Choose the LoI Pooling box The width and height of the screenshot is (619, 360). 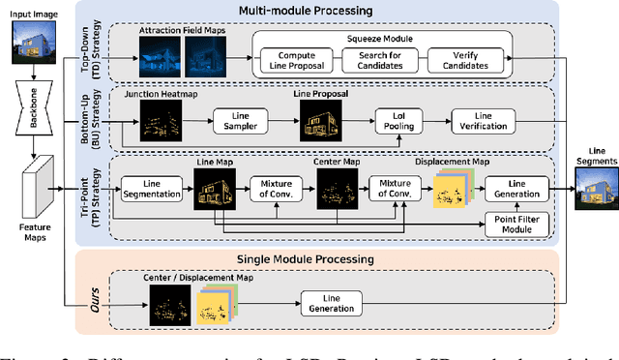click(x=398, y=127)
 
